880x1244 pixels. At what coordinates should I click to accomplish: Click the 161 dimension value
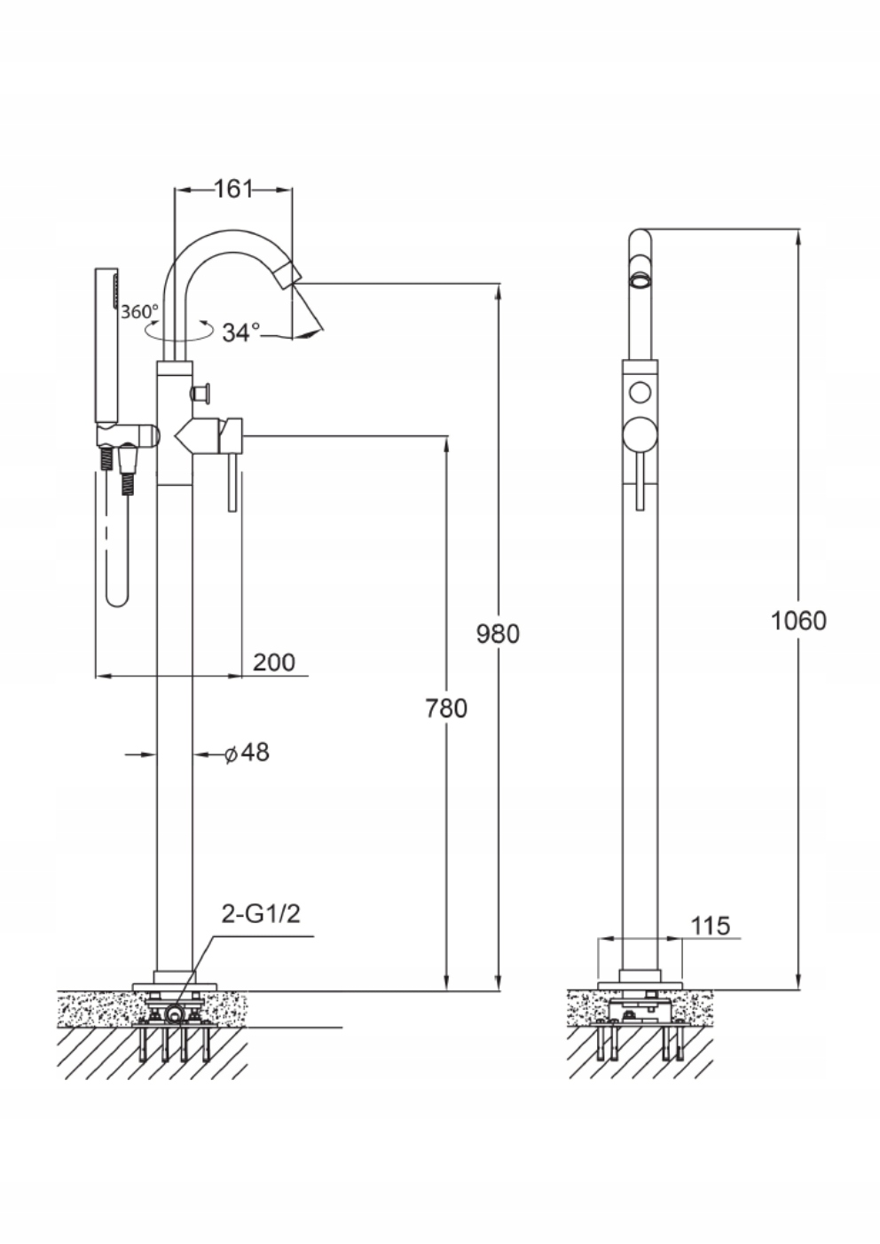tap(234, 189)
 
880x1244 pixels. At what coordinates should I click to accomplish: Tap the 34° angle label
tap(241, 333)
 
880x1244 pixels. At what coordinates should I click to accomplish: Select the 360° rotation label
tap(140, 311)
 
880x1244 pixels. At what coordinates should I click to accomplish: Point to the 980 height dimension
tap(498, 634)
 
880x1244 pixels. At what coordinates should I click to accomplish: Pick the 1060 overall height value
tap(797, 620)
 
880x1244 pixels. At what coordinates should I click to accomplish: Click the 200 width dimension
tap(274, 662)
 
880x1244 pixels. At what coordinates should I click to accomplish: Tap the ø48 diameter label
tap(247, 754)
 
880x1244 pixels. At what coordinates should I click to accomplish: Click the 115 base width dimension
tap(711, 927)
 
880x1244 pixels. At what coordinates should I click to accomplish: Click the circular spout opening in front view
tap(640, 281)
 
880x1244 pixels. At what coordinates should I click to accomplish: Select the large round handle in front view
tap(640, 434)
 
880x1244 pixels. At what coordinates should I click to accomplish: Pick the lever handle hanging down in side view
tap(233, 479)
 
